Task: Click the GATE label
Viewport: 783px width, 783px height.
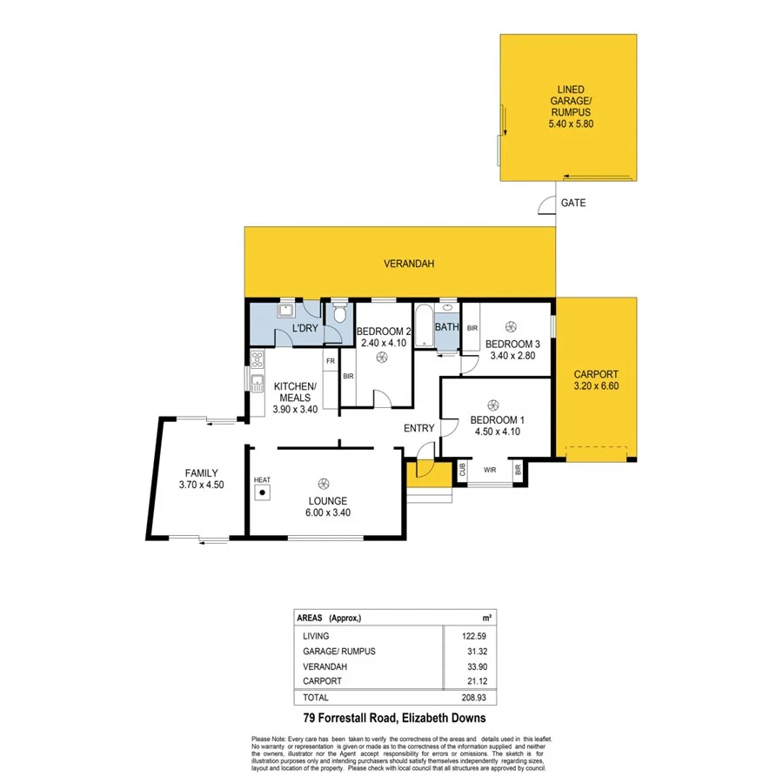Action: (x=573, y=203)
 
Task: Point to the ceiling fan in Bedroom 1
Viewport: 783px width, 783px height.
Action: (x=493, y=404)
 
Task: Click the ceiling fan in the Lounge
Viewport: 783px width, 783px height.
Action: (x=324, y=484)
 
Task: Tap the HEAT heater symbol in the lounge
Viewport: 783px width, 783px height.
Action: (x=262, y=492)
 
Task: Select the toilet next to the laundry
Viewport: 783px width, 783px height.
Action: (x=339, y=313)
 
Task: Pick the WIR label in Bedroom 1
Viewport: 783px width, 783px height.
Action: (x=490, y=470)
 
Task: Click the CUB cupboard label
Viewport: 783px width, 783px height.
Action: (x=462, y=470)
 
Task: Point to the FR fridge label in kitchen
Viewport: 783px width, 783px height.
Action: (x=331, y=360)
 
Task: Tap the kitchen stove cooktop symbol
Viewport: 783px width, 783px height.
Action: (x=258, y=357)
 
